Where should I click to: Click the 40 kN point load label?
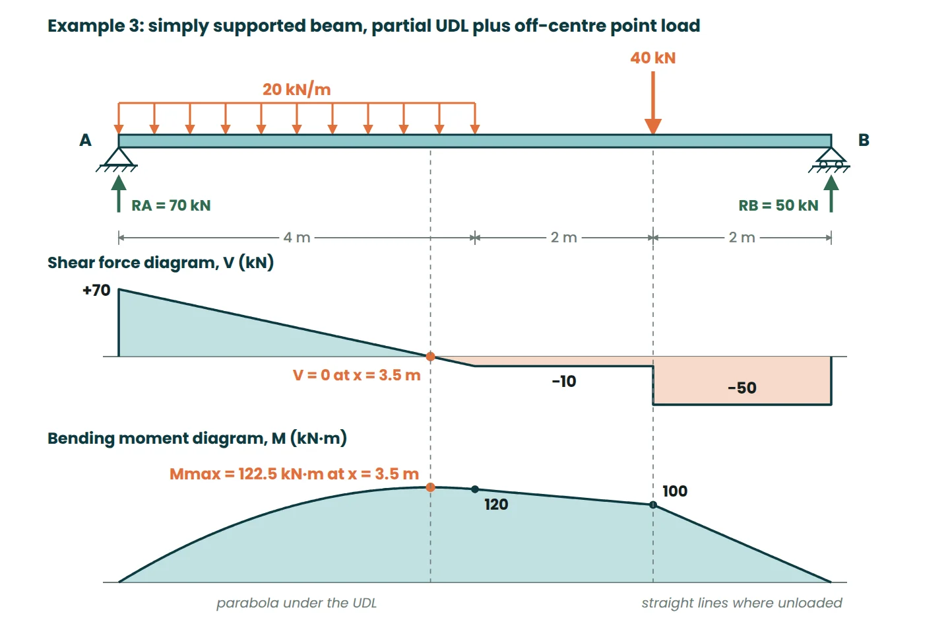click(x=652, y=57)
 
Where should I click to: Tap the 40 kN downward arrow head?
click(x=653, y=127)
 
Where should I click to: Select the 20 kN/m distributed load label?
click(x=296, y=90)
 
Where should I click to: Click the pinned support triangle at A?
click(x=119, y=156)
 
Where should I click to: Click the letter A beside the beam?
click(x=85, y=140)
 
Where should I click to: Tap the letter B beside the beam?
click(x=864, y=140)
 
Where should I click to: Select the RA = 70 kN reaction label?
click(x=171, y=205)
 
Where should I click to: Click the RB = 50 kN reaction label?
click(x=778, y=205)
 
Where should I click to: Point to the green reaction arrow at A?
click(x=119, y=193)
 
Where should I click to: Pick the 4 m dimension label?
click(x=297, y=237)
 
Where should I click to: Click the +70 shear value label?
click(x=96, y=291)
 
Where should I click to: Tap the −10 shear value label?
click(x=564, y=381)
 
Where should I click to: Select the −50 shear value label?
click(x=742, y=388)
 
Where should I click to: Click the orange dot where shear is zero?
click(x=430, y=357)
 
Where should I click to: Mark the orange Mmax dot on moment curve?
click(x=430, y=487)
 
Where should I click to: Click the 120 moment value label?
click(x=496, y=504)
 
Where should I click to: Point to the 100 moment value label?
click(x=675, y=491)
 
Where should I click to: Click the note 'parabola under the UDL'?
click(x=296, y=603)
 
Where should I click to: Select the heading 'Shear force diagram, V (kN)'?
click(x=161, y=263)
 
